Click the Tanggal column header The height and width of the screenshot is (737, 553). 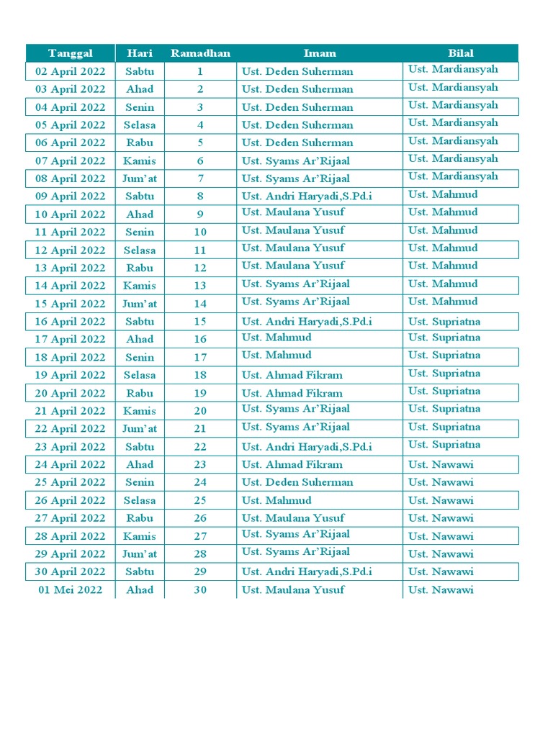click(x=71, y=53)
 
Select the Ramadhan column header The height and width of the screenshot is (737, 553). click(x=200, y=53)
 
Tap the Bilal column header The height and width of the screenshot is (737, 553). click(x=461, y=53)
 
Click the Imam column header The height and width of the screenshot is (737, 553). click(x=320, y=53)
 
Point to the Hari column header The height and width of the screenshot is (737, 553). click(x=140, y=53)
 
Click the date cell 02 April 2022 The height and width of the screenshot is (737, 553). click(x=71, y=71)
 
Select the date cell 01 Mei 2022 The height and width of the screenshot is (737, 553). click(x=71, y=589)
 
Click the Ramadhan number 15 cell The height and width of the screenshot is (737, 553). click(x=200, y=322)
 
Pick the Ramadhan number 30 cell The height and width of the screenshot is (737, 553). click(x=200, y=589)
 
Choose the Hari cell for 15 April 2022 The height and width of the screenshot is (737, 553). click(x=140, y=304)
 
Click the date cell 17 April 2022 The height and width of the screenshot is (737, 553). click(x=71, y=339)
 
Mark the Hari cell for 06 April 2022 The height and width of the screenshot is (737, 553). click(x=140, y=143)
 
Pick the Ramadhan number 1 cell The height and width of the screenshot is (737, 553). click(x=200, y=71)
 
